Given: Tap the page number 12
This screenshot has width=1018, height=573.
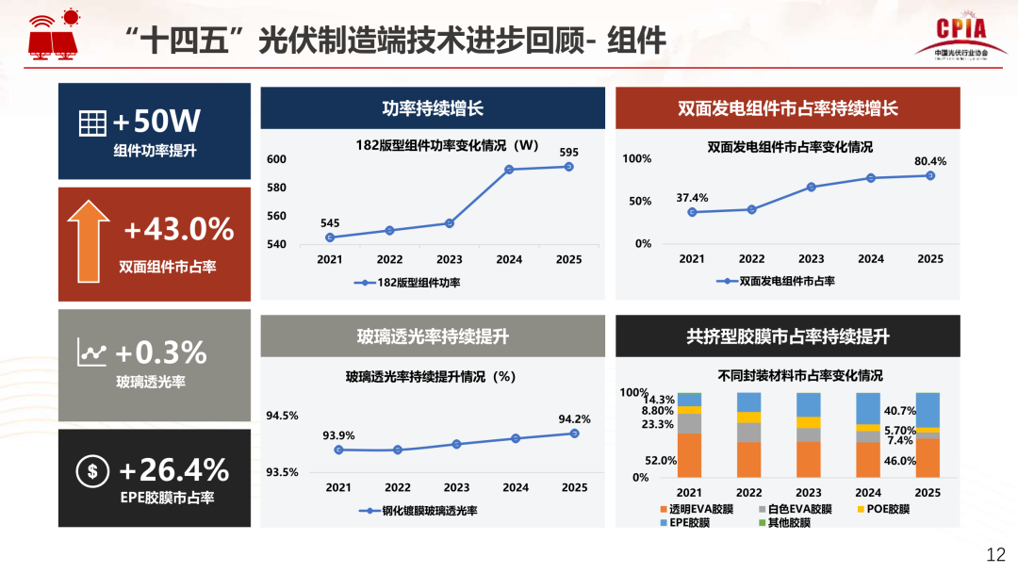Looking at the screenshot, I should [995, 554].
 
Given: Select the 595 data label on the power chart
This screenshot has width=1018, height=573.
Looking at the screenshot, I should [568, 152].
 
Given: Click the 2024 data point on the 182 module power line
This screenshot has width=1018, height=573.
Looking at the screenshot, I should [509, 170].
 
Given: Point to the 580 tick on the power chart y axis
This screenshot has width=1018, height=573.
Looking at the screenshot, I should [276, 188].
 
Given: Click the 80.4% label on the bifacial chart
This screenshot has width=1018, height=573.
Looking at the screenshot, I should [930, 161].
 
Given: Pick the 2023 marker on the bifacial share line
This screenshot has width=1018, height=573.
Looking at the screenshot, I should [811, 187].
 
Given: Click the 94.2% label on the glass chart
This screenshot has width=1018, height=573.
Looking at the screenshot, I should [574, 419].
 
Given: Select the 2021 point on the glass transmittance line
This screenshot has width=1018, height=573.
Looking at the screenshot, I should [338, 450].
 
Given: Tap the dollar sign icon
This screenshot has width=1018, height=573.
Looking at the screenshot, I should [91, 472].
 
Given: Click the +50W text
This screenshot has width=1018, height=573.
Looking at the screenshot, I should [156, 122].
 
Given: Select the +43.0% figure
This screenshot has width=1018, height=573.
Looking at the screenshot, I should [178, 229].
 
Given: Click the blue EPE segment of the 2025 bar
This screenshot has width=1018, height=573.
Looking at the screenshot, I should [928, 410].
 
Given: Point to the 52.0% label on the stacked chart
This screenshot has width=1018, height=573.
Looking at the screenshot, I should [661, 460].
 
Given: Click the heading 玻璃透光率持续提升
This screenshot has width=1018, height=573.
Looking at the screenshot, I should [433, 336].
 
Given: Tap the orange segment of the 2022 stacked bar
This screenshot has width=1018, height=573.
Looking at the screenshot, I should [749, 460].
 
